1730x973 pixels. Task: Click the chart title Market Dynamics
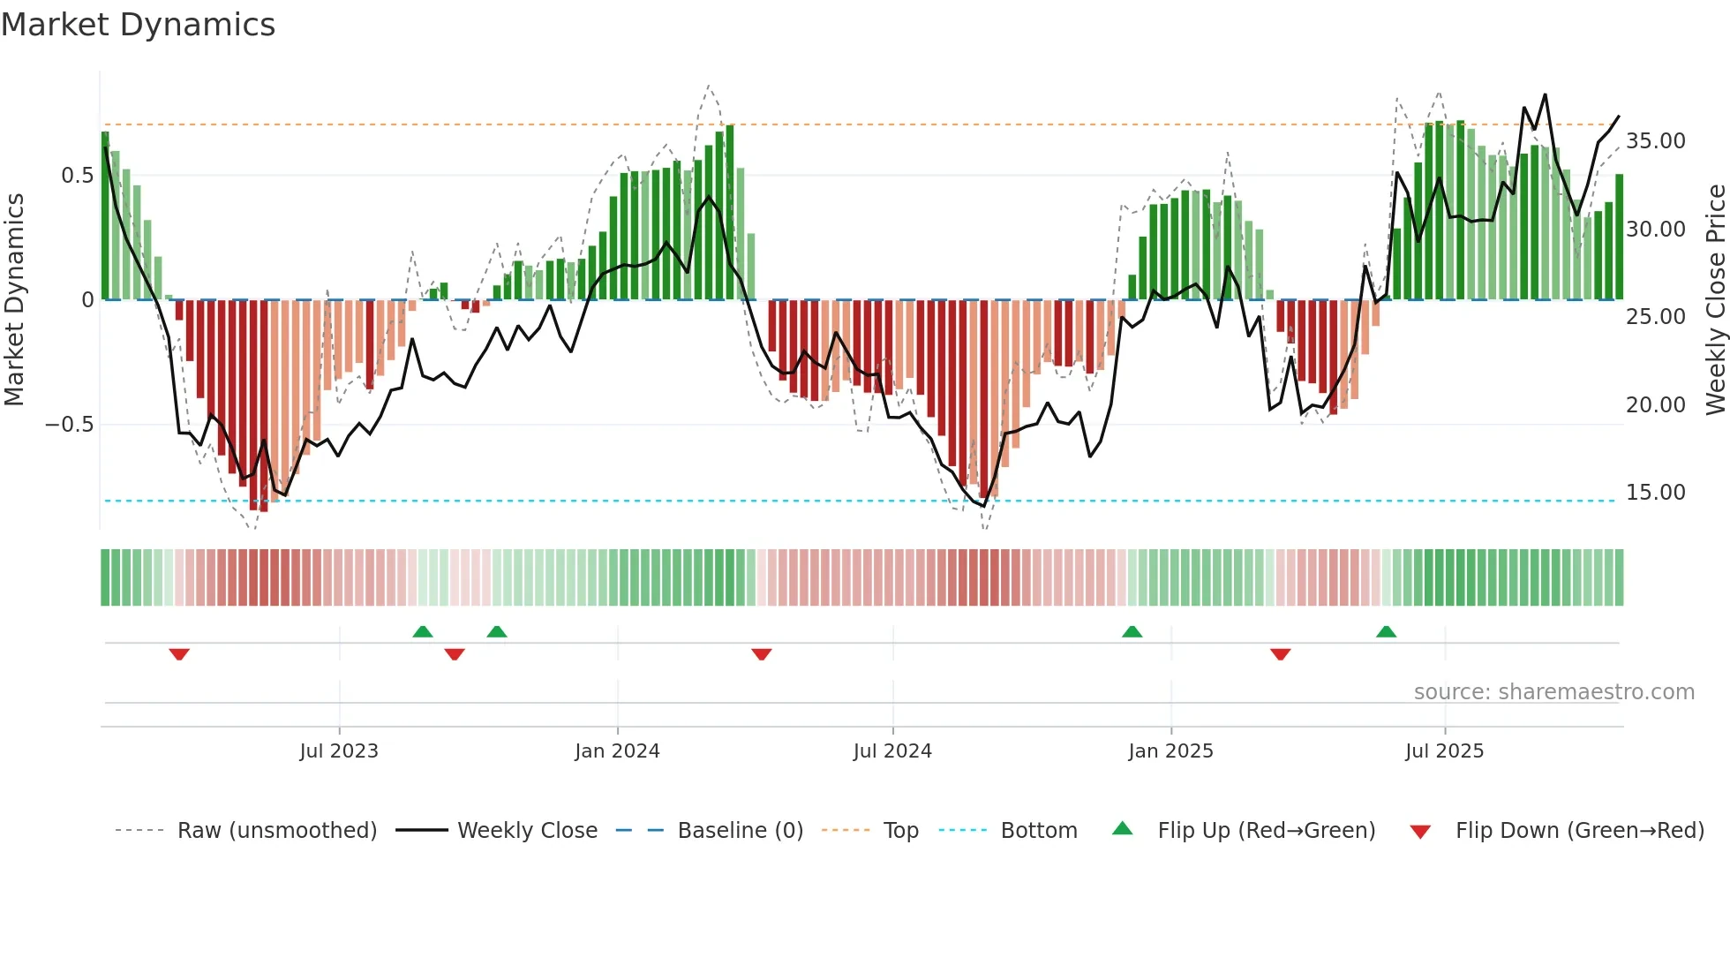click(x=138, y=25)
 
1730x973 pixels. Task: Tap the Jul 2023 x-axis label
click(x=339, y=751)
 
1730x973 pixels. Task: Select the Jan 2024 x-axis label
click(x=617, y=751)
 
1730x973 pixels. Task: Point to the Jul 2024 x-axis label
click(x=892, y=751)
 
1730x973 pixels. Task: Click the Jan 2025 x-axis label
click(x=1170, y=751)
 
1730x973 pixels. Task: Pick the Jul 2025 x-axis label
click(x=1445, y=751)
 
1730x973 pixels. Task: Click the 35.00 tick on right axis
click(x=1656, y=141)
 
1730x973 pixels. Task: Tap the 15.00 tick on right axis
click(x=1656, y=493)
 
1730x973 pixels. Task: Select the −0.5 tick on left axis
click(x=69, y=425)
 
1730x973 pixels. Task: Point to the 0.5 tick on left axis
click(x=77, y=176)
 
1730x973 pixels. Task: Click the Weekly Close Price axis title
click(x=1715, y=300)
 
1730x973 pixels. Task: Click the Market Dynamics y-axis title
click(x=14, y=300)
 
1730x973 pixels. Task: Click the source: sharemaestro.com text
click(x=1553, y=692)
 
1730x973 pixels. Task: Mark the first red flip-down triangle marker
click(x=179, y=654)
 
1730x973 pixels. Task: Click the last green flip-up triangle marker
click(x=1386, y=631)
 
